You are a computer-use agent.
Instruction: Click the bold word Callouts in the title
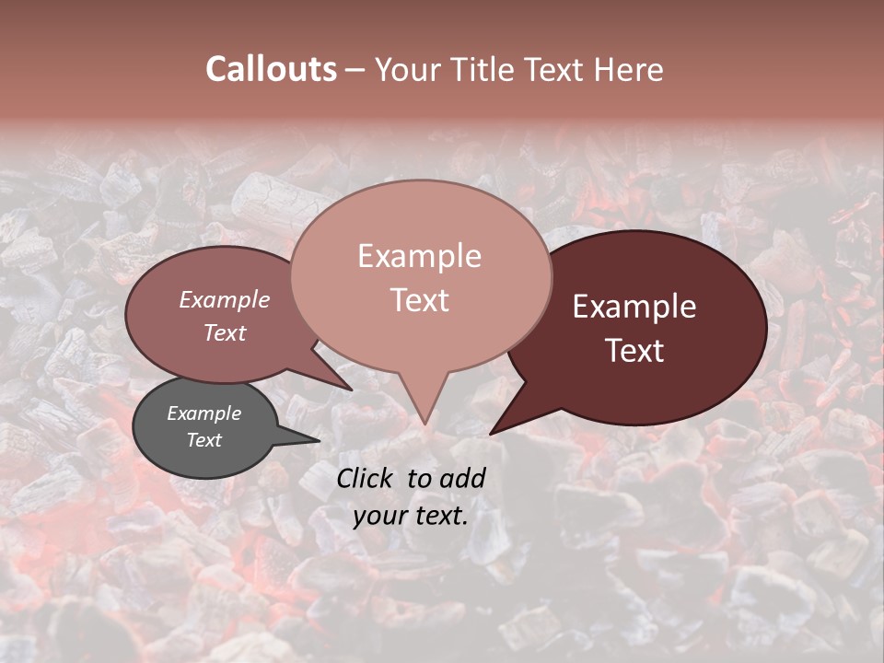(271, 69)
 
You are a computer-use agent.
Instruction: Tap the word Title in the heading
(484, 69)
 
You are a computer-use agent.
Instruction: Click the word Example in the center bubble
(419, 256)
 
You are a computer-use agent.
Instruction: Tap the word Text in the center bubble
(419, 300)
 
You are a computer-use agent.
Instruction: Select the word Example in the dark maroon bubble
(634, 307)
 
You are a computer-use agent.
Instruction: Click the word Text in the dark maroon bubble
(634, 351)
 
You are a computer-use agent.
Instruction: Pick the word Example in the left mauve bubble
(225, 299)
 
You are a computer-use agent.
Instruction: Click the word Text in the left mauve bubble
(225, 332)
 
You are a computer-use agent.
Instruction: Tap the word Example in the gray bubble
(204, 413)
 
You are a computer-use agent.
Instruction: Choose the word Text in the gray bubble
(204, 440)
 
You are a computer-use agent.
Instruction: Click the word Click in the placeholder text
(366, 478)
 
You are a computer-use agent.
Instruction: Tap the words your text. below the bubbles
(411, 517)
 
